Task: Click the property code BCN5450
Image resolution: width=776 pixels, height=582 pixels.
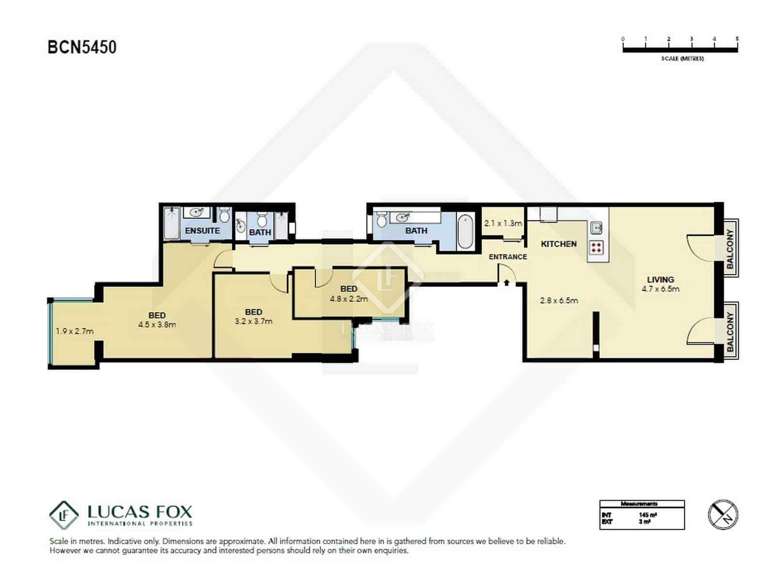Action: pyautogui.click(x=82, y=47)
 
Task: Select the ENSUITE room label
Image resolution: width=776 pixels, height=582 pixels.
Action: pyautogui.click(x=202, y=230)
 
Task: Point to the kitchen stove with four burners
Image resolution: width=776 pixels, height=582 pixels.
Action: pyautogui.click(x=597, y=248)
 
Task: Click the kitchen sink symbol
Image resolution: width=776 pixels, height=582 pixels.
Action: pyautogui.click(x=596, y=226)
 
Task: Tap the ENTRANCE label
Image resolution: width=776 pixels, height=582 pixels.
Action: pyautogui.click(x=507, y=257)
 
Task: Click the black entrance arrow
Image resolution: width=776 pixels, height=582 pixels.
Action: pyautogui.click(x=506, y=282)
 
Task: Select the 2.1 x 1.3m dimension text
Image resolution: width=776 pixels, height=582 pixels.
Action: pyautogui.click(x=503, y=224)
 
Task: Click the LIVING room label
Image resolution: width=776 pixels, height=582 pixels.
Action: pyautogui.click(x=660, y=279)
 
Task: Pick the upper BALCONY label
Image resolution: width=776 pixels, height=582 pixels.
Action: pyautogui.click(x=730, y=249)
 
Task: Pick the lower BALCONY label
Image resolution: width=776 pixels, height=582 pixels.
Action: pyautogui.click(x=730, y=332)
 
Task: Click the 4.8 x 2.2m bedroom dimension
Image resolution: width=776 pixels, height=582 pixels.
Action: pyautogui.click(x=349, y=299)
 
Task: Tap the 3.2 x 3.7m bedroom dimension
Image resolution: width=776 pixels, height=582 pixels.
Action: pyautogui.click(x=253, y=321)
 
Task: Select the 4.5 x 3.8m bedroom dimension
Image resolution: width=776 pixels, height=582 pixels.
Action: pyautogui.click(x=157, y=324)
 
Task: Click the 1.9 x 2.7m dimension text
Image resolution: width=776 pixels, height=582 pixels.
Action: pyautogui.click(x=74, y=331)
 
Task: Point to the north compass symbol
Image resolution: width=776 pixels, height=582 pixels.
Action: pyautogui.click(x=723, y=515)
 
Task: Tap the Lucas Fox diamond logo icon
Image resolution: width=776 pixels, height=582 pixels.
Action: pyautogui.click(x=64, y=515)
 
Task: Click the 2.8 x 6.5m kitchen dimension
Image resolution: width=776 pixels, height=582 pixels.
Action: pyautogui.click(x=559, y=300)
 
